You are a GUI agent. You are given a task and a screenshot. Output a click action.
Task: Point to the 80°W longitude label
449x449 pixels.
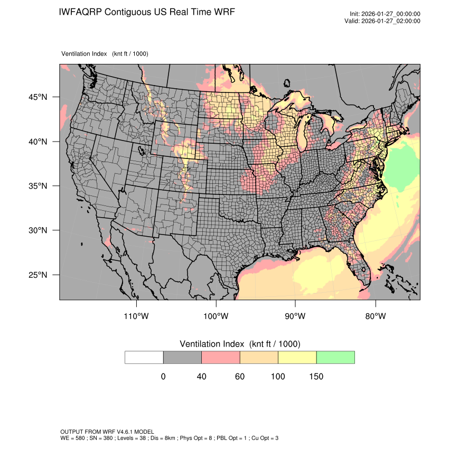point(376,316)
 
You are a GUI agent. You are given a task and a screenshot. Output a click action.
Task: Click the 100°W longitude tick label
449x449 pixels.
point(216,316)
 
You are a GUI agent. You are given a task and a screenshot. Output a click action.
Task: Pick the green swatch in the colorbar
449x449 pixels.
point(335,357)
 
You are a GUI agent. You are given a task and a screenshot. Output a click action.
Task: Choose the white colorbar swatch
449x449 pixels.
point(144,357)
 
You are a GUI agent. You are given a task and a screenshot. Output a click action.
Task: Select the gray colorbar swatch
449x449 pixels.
point(182,357)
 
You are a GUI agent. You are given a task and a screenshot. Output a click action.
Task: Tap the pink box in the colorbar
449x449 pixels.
point(221,357)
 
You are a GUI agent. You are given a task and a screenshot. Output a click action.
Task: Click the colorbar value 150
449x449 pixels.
point(316,377)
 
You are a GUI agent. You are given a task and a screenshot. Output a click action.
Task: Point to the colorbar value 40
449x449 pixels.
point(201,377)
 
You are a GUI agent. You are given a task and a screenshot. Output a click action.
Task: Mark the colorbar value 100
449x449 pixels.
point(278,377)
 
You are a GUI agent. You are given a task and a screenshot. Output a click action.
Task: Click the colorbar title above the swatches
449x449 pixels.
point(240,344)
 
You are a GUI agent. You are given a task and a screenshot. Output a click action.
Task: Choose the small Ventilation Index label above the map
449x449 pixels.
point(105,54)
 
